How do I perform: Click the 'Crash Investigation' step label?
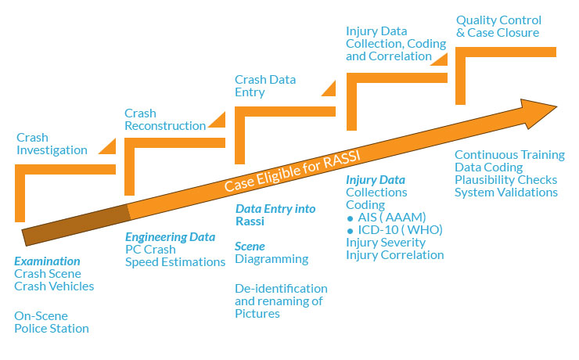pyautogui.click(x=51, y=143)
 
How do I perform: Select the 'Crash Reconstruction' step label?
pyautogui.click(x=165, y=119)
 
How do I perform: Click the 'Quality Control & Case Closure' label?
pyautogui.click(x=498, y=26)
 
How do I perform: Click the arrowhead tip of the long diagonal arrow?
pyautogui.click(x=556, y=105)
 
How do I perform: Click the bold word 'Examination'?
pyautogui.click(x=47, y=261)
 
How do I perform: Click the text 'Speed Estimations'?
pyautogui.click(x=175, y=261)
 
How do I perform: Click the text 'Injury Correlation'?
pyautogui.click(x=394, y=254)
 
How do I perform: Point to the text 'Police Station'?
pyautogui.click(x=51, y=328)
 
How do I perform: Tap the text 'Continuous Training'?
pyautogui.click(x=509, y=154)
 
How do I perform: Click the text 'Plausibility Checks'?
pyautogui.click(x=506, y=179)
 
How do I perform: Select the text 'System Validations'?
pyautogui.click(x=506, y=192)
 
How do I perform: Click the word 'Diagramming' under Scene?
pyautogui.click(x=272, y=259)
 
